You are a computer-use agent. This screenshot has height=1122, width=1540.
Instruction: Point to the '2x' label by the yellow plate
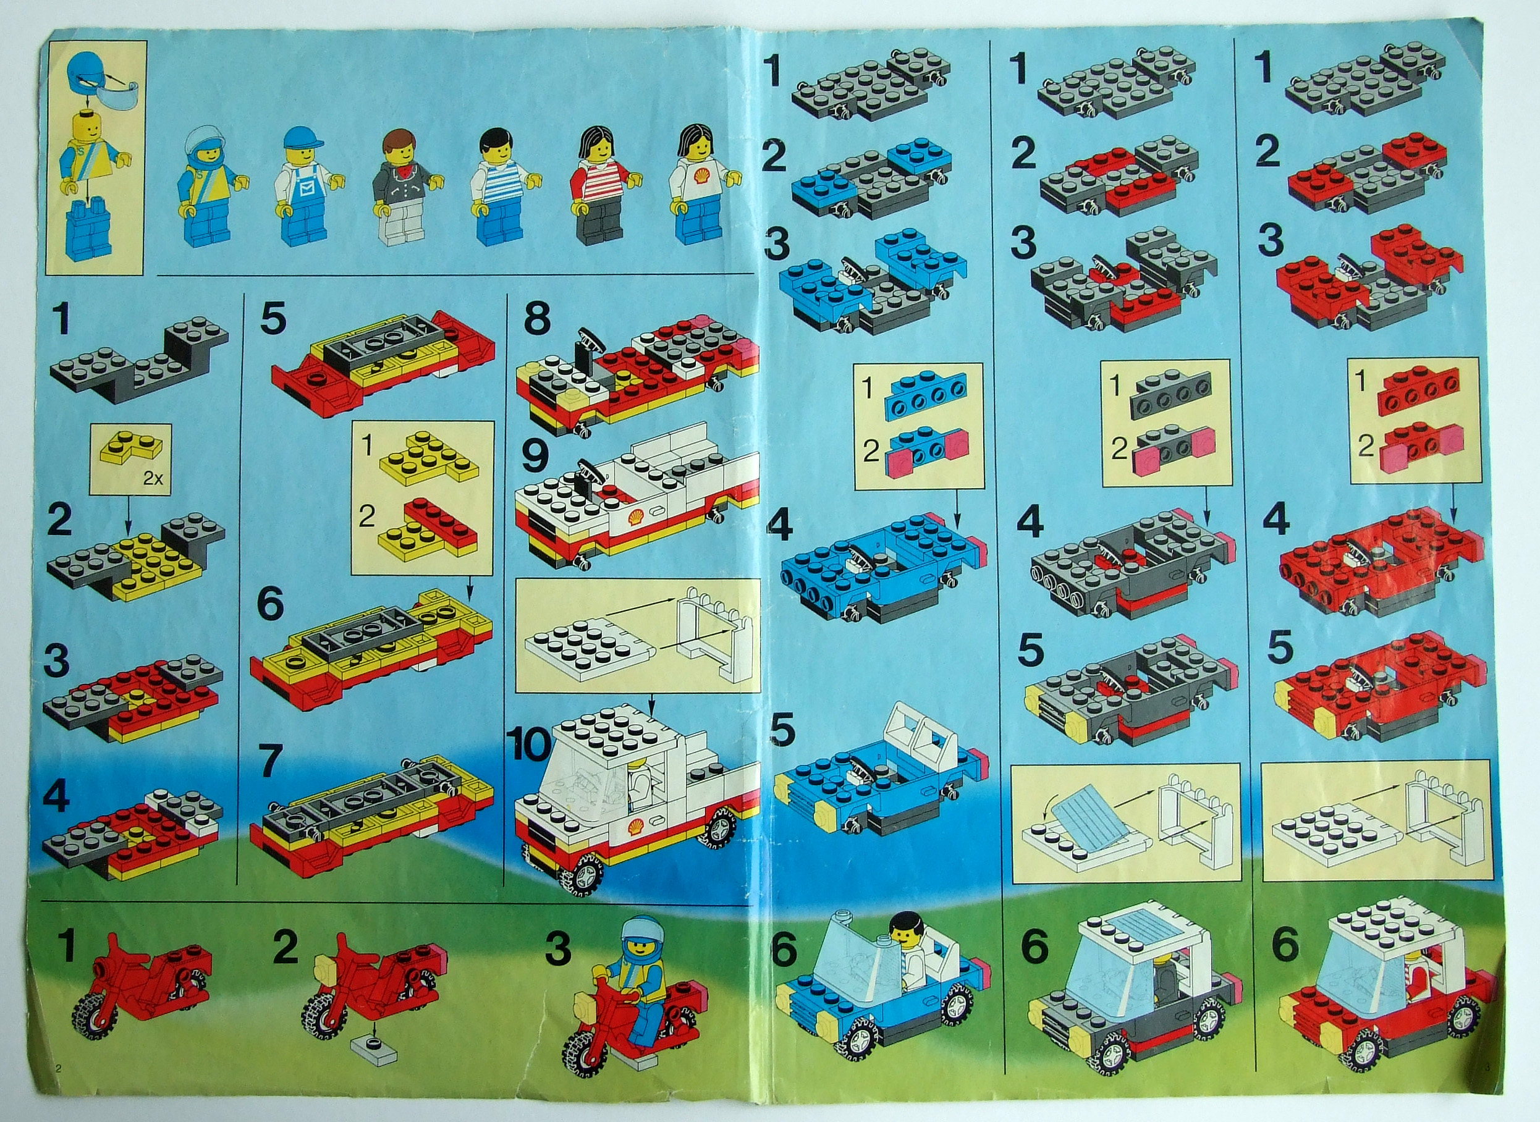[153, 478]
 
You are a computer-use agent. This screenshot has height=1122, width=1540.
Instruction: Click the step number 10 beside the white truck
[531, 745]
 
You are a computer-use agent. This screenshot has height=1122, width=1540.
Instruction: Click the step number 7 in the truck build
[271, 761]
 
